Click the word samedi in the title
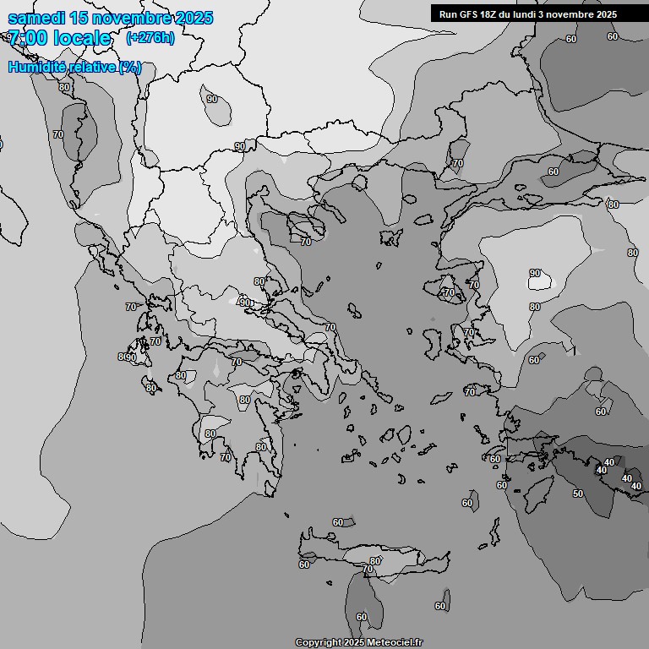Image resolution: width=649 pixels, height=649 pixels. [x=35, y=19]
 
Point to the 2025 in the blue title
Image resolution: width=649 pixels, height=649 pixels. [x=193, y=19]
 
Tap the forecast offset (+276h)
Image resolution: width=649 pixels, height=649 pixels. [x=150, y=38]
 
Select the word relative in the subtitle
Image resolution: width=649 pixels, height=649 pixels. [x=89, y=68]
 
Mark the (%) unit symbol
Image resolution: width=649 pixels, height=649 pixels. [x=130, y=68]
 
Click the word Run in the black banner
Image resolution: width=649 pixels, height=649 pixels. [x=449, y=14]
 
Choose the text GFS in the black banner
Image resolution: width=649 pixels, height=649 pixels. [x=471, y=14]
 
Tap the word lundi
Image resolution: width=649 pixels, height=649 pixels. [x=530, y=14]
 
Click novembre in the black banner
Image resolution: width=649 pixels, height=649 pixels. [x=573, y=14]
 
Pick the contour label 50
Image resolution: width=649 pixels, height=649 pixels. [x=578, y=494]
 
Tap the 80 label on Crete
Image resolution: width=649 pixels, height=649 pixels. [x=375, y=561]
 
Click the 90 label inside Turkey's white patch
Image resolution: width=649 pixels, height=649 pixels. [x=535, y=273]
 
